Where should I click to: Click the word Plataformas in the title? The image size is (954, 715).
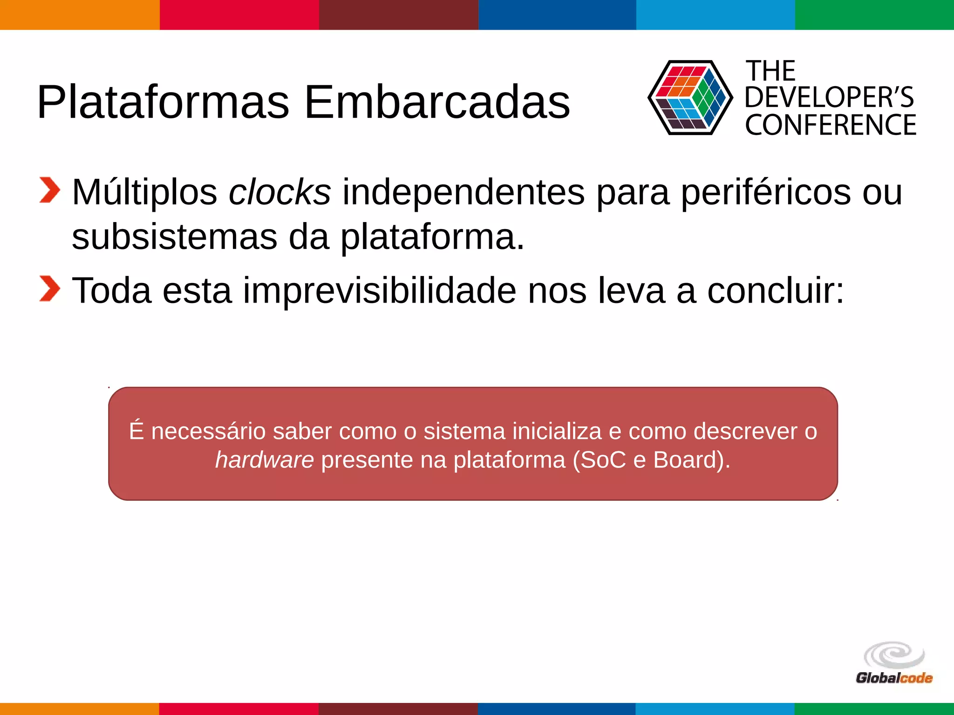click(163, 102)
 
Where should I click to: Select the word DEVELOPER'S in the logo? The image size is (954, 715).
click(829, 97)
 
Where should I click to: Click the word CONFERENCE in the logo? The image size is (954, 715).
click(830, 125)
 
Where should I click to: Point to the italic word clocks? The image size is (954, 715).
click(279, 192)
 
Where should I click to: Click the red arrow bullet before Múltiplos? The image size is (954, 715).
click(49, 190)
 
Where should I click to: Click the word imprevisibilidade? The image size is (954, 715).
click(379, 290)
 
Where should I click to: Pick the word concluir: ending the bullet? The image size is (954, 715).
click(775, 290)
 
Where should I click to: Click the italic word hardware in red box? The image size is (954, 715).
click(264, 460)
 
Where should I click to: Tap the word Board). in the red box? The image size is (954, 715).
click(691, 460)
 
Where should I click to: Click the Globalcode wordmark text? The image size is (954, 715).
click(893, 678)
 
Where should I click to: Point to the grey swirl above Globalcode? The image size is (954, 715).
click(893, 655)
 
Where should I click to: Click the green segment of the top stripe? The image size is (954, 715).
click(874, 14)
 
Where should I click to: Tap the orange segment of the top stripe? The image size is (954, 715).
click(79, 14)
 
